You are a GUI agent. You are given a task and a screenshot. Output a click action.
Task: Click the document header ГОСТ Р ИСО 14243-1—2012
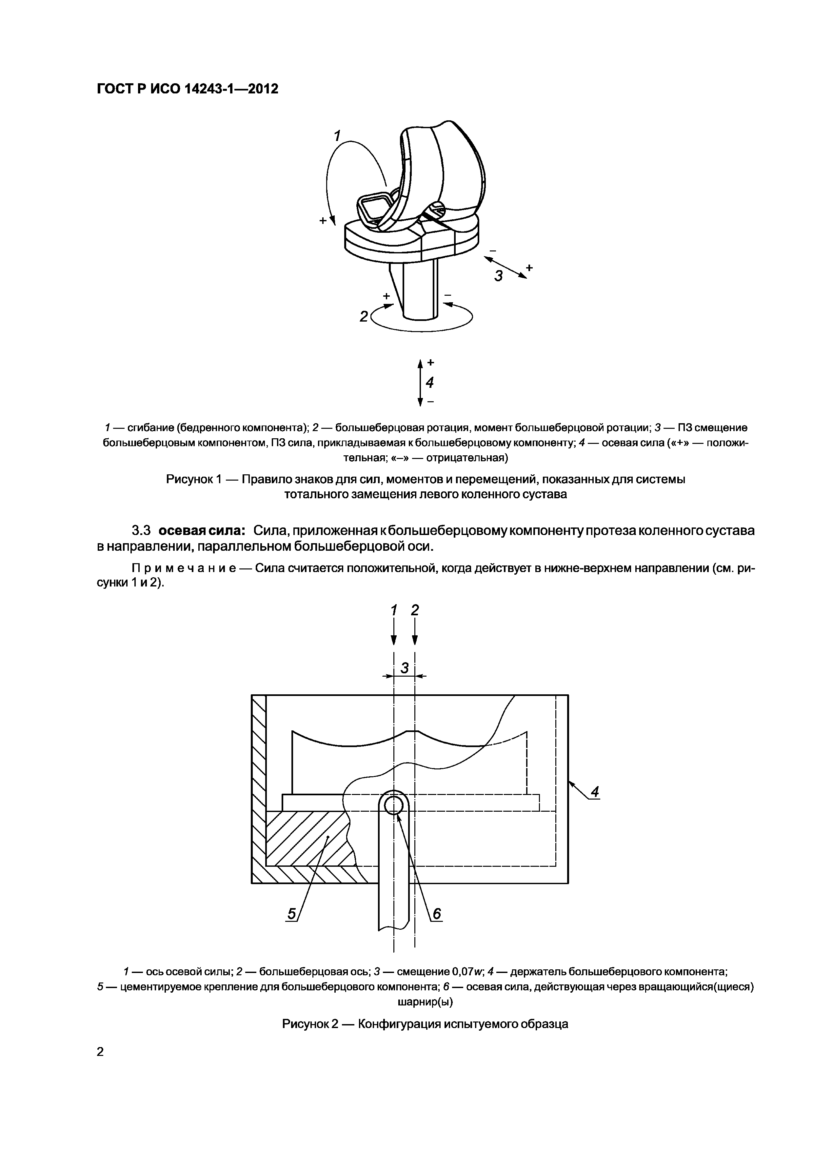[x=187, y=89]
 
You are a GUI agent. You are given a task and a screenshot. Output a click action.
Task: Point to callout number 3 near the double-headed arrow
[x=498, y=275]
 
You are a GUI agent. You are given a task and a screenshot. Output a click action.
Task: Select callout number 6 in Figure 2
[x=437, y=914]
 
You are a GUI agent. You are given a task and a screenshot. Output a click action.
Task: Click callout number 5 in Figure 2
[x=291, y=914]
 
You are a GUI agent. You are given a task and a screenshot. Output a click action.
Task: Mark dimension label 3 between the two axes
[x=405, y=668]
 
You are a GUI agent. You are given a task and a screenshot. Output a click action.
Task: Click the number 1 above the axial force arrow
[x=394, y=610]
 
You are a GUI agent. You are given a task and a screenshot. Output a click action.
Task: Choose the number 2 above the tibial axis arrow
[x=415, y=610]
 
